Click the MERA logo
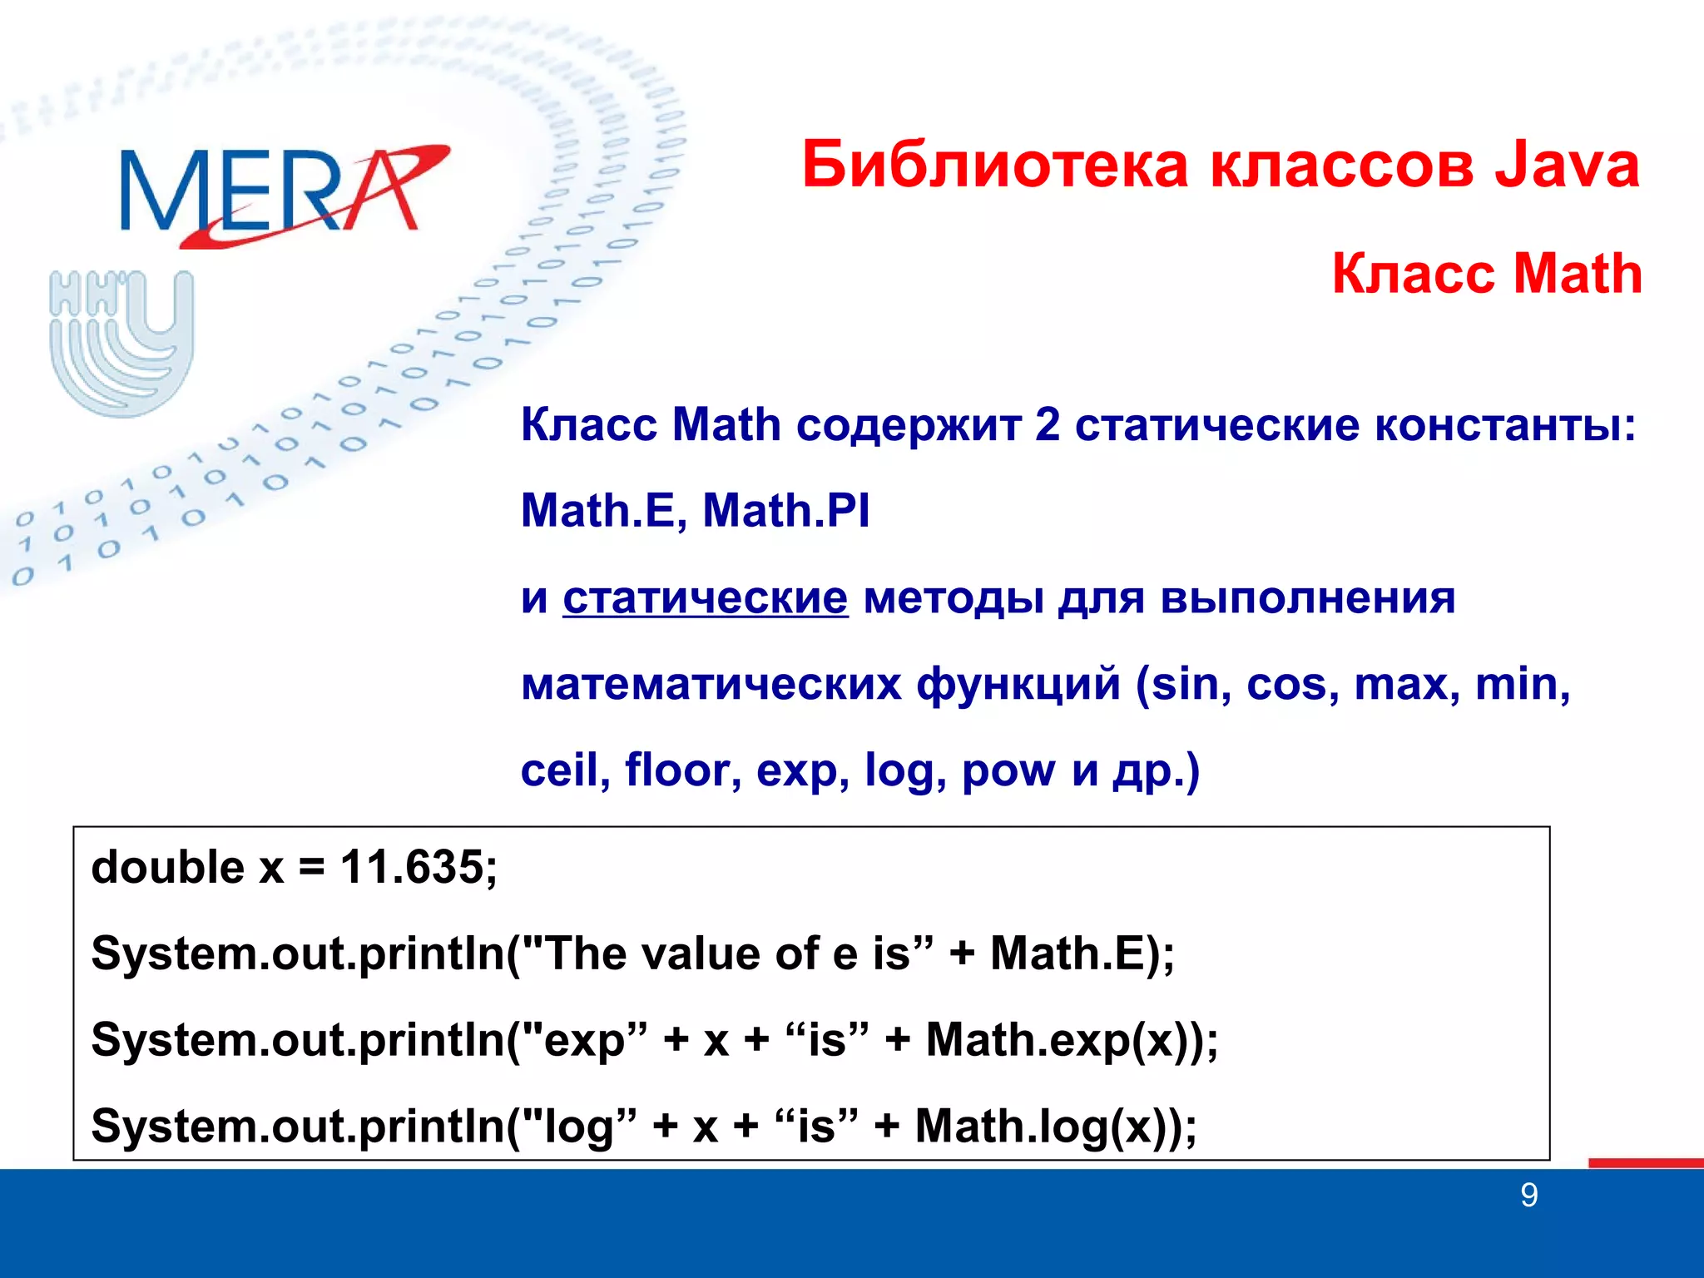(x=283, y=194)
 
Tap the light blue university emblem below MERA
(x=121, y=343)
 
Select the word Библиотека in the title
(x=996, y=165)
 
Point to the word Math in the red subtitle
(x=1577, y=274)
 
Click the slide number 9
(x=1529, y=1196)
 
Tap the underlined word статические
(x=706, y=597)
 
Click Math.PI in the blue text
(x=786, y=510)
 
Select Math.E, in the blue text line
(x=604, y=510)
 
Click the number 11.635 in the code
(x=411, y=867)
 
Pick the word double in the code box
(x=167, y=867)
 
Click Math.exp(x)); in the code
(x=1072, y=1040)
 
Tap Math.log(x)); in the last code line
(x=1056, y=1127)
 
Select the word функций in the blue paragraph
(x=1018, y=684)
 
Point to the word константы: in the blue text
(x=1505, y=425)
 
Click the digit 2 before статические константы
(x=1048, y=425)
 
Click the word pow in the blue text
(x=1008, y=771)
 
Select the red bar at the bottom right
(x=1646, y=1162)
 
